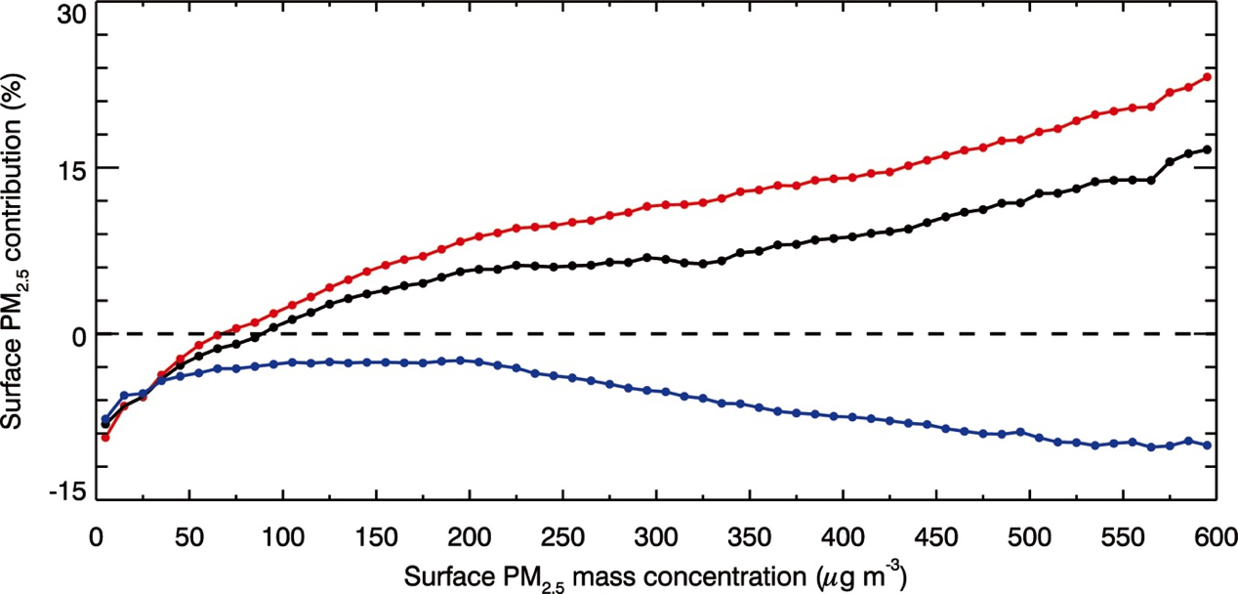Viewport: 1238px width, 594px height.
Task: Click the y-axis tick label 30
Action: [x=71, y=17]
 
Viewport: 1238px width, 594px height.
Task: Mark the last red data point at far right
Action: [x=1208, y=77]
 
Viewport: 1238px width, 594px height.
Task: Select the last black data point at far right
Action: [x=1208, y=149]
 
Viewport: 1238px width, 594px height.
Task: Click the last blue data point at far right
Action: [x=1208, y=445]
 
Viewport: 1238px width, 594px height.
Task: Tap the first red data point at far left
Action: [x=104, y=437]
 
